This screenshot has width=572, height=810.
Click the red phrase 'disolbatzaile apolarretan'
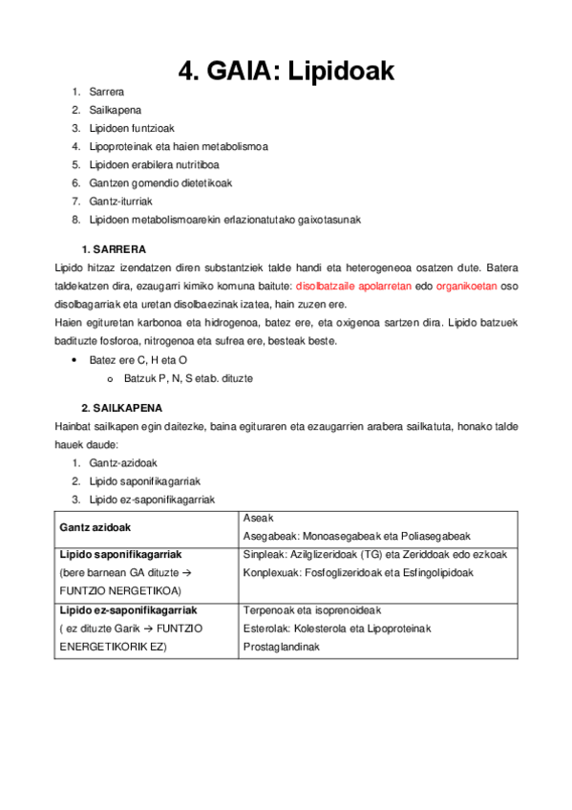tap(353, 286)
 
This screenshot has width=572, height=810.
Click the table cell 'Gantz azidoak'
tap(95, 526)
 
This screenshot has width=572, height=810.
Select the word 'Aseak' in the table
tap(258, 517)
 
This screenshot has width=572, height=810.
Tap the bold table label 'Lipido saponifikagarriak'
tap(120, 554)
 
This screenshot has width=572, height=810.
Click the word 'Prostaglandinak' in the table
tap(282, 647)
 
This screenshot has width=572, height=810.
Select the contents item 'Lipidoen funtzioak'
tap(132, 128)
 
